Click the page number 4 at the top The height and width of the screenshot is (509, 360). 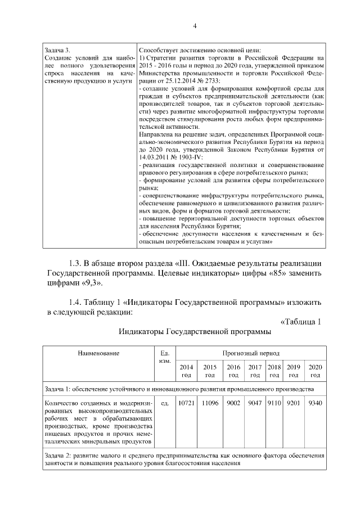tap(195, 26)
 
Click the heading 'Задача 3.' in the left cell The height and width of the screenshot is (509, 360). tap(57, 50)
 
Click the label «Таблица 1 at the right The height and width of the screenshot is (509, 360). tap(300, 322)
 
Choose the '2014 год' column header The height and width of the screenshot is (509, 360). tap(186, 371)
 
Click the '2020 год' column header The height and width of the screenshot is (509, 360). tap(315, 371)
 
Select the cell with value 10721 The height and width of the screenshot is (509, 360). tap(186, 403)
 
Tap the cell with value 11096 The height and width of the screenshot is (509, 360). tap(210, 403)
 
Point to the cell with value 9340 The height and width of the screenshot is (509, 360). tap(315, 403)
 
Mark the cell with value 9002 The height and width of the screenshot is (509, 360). tap(233, 403)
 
